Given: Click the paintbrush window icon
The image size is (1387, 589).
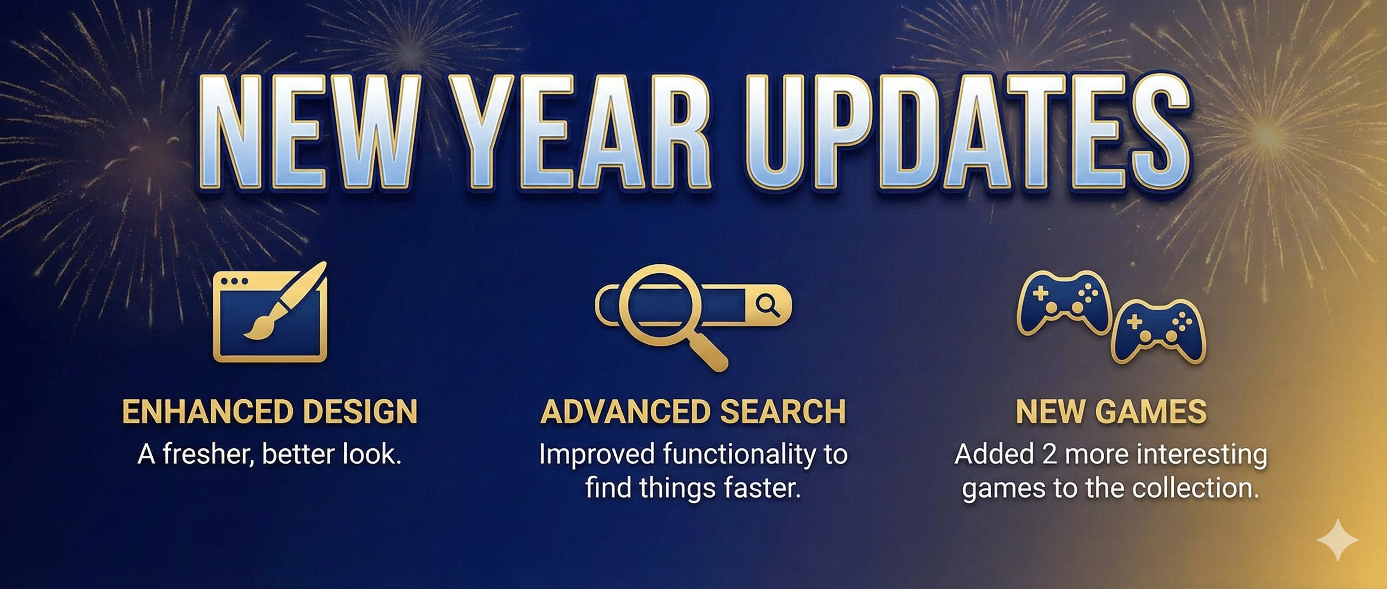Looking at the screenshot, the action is click(x=270, y=312).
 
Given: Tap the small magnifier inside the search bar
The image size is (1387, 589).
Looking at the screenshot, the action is click(x=767, y=305).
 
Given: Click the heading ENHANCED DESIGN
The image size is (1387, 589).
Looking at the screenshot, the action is click(x=270, y=411).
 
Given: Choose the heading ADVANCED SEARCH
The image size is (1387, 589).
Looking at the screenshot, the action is click(x=693, y=411).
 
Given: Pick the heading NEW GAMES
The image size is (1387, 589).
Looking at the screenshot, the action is click(x=1111, y=411).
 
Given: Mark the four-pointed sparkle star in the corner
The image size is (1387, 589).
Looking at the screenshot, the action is click(x=1338, y=539).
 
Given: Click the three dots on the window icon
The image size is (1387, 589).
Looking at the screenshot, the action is click(x=234, y=281).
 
